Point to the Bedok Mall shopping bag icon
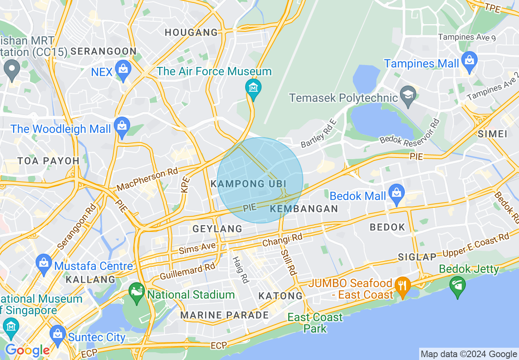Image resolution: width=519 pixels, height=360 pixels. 396,193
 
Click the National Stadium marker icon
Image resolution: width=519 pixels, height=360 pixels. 137,292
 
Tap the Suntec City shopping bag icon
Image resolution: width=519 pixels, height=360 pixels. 58,334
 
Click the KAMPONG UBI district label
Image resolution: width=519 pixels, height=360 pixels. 248,184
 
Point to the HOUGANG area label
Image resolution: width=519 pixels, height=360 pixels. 191,33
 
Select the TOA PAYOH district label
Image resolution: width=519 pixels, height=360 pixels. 48,161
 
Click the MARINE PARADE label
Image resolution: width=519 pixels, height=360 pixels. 225,315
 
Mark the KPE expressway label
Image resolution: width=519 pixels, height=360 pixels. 185,184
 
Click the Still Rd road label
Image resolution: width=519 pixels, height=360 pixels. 288,262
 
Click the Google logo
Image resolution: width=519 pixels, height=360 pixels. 27,351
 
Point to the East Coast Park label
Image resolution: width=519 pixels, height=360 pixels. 315,323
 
